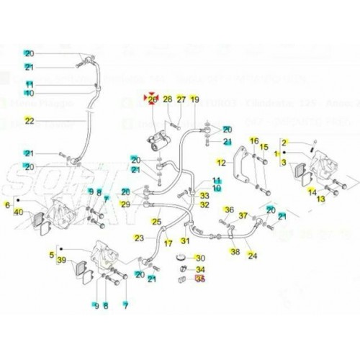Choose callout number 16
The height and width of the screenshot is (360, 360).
coord(253,140)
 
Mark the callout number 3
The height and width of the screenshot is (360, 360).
coord(284,165)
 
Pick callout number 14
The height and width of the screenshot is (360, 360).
coord(312,192)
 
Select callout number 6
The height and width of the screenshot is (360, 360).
coord(8,205)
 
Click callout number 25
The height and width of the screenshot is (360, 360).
coord(155,222)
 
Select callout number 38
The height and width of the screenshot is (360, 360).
coord(235,251)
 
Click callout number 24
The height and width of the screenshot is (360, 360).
coord(252,256)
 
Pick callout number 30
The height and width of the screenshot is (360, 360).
coord(201,258)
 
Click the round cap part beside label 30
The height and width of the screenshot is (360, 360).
coord(181,258)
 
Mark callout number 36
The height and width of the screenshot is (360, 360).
coord(228,210)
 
